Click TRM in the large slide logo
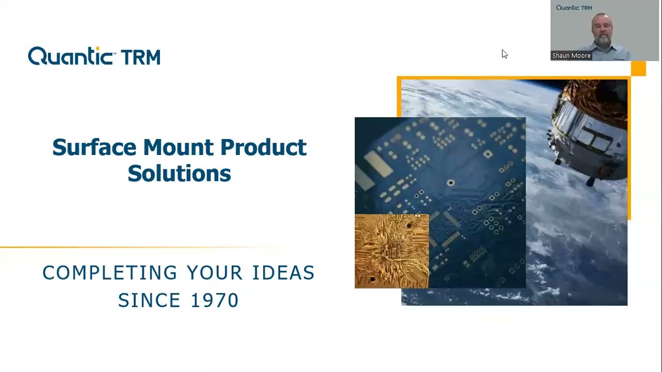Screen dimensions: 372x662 [140, 57]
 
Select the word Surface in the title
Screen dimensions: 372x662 [94, 147]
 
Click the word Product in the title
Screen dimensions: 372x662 [263, 148]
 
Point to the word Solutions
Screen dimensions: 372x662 [179, 173]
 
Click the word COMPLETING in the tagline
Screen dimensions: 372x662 [110, 273]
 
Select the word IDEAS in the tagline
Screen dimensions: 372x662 [283, 273]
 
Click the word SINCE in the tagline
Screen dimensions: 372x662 [149, 300]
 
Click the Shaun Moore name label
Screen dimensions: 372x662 [571, 55]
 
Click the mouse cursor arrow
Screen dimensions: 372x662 [504, 54]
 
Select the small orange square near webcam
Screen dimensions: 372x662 [638, 69]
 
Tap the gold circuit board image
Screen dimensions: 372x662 [392, 251]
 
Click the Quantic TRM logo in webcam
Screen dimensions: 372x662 [574, 8]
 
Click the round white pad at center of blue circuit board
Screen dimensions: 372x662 [450, 183]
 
